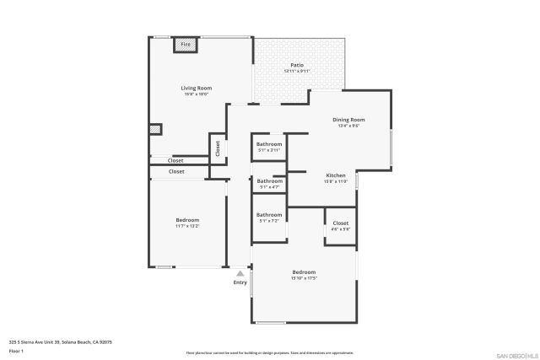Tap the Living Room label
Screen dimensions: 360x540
[196, 88]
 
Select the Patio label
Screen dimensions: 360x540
[297, 65]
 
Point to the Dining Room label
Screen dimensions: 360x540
[350, 120]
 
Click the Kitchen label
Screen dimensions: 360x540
[336, 175]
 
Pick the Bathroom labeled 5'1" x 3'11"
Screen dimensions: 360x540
[269, 144]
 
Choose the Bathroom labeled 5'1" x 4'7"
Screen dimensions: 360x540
[270, 181]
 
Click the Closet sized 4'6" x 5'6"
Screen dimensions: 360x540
[340, 224]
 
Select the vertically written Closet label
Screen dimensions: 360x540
[218, 148]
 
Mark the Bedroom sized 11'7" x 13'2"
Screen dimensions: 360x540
[187, 220]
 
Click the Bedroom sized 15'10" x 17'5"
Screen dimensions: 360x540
[304, 271]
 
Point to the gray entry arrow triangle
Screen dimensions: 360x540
[240, 273]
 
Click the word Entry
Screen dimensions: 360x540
[240, 282]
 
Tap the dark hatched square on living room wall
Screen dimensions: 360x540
[155, 129]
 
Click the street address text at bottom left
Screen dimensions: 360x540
[60, 341]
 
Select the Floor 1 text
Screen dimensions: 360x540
[16, 350]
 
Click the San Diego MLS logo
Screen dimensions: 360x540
[516, 353]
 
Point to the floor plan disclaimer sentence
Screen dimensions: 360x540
[269, 352]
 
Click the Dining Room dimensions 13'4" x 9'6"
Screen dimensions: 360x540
[350, 126]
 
